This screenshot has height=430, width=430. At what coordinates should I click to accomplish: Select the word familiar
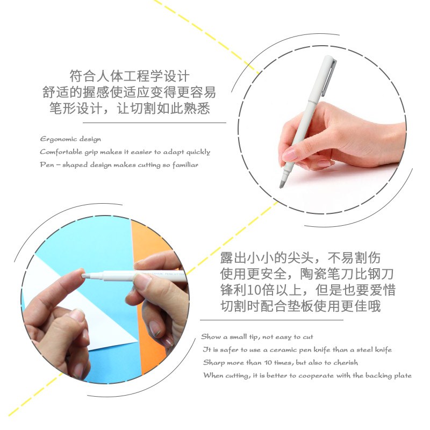(x=185, y=165)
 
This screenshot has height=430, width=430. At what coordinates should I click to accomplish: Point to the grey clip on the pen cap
(x=329, y=77)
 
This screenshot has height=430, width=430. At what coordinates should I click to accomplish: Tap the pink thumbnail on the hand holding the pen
(x=290, y=155)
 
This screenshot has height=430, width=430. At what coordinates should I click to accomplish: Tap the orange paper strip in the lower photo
(x=149, y=316)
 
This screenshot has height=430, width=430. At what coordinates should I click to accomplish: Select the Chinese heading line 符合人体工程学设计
(x=130, y=76)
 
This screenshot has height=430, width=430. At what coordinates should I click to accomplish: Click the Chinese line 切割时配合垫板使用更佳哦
(x=300, y=306)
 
